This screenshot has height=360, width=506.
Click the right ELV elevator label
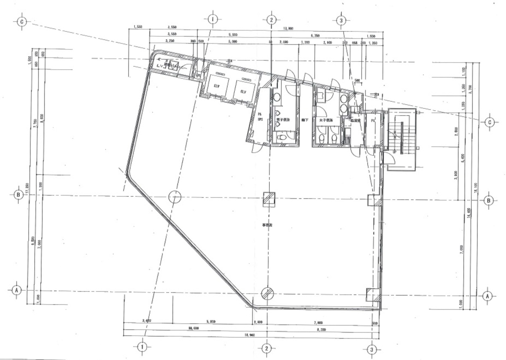point(243,91)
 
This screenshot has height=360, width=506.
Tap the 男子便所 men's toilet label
point(283,120)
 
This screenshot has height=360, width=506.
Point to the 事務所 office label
point(266,226)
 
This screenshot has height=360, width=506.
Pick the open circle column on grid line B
point(174,196)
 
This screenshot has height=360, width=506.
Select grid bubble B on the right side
point(488,200)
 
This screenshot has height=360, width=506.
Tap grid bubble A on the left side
point(16,290)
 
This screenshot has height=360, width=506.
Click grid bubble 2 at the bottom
point(266,348)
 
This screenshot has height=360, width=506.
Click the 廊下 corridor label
point(304,120)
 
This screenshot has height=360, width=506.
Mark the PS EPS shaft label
point(260,117)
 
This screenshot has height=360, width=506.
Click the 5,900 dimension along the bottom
point(211,322)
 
